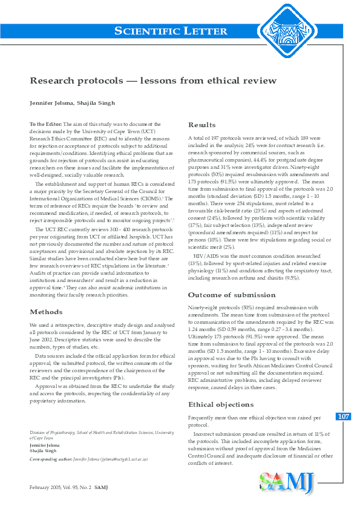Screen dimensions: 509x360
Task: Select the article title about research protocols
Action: (153, 80)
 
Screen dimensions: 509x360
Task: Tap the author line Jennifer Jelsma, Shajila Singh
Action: (72, 102)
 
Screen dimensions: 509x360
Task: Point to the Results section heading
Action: (202, 125)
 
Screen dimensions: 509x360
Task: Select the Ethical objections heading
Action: (221, 387)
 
